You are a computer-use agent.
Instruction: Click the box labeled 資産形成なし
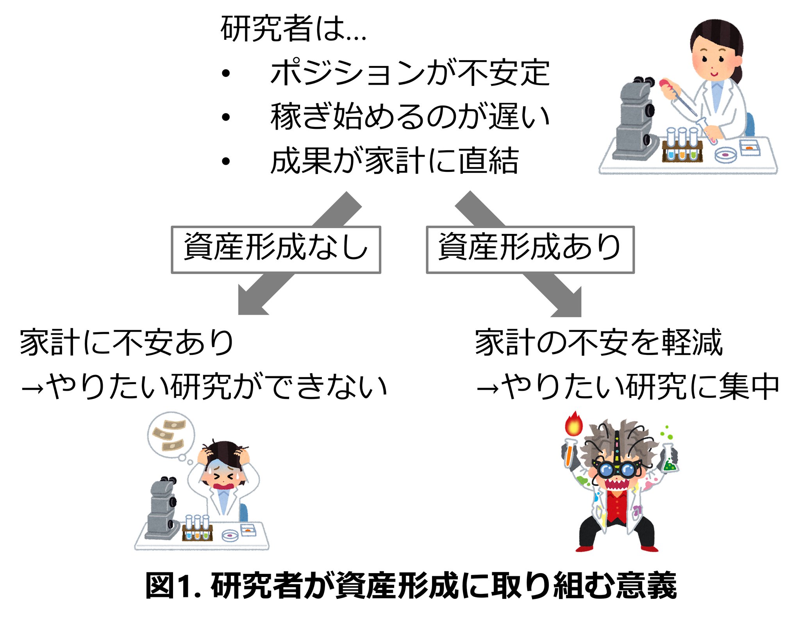click(276, 249)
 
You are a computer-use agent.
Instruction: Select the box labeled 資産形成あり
click(530, 249)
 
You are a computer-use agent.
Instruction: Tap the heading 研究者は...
click(293, 29)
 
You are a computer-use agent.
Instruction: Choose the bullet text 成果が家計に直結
click(395, 160)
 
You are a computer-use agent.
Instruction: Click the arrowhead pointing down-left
click(250, 303)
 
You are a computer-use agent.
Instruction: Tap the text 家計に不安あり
click(127, 343)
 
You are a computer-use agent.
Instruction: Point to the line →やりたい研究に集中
click(627, 387)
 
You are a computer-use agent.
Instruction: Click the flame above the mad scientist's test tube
click(573, 425)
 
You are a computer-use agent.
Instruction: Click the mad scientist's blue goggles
click(616, 469)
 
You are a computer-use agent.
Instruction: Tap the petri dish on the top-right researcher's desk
click(725, 155)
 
